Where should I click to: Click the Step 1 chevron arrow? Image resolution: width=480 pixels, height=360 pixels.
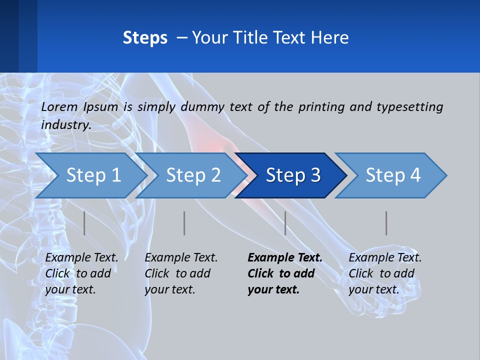92,175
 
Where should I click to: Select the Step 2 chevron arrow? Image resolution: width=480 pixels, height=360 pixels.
193,175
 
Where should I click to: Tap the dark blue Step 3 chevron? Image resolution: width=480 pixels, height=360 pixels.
292,175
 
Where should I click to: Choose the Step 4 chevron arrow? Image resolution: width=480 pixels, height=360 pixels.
393,175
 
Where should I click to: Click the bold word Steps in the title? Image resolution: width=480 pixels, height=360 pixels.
145,38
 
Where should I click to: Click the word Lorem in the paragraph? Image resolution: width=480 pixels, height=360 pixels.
59,106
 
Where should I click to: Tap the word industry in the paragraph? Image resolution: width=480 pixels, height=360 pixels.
66,125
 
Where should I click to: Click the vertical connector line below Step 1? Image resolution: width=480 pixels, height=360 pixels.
84,223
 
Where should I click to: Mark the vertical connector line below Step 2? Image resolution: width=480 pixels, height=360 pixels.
184,223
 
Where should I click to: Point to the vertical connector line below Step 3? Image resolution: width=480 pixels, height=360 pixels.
285,223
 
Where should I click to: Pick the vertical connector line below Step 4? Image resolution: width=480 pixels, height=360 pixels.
386,223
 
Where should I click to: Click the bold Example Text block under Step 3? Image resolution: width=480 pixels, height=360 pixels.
284,273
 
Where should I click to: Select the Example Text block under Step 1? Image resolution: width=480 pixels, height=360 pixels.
81,273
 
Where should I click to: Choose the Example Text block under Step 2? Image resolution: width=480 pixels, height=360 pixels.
181,273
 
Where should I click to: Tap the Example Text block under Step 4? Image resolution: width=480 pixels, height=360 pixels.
385,273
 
